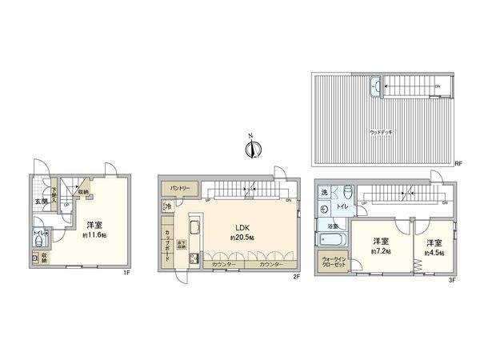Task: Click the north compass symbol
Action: point(250,148)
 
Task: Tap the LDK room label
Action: point(242,226)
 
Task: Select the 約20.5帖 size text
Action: point(242,238)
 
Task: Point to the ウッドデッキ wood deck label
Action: point(381,130)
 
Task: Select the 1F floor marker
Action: point(126,274)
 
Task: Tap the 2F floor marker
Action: point(295,276)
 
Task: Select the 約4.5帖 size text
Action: point(434,252)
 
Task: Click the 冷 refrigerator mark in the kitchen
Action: point(168,207)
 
